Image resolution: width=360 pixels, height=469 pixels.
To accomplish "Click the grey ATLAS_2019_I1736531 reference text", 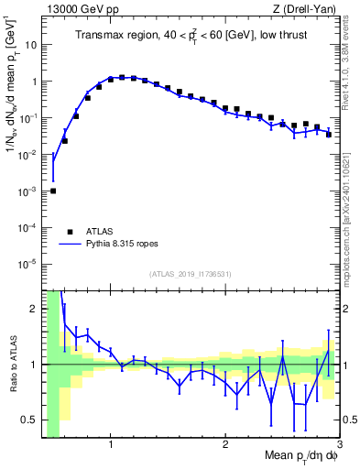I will (190, 274).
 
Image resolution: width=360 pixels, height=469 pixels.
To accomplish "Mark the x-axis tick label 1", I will (111, 446).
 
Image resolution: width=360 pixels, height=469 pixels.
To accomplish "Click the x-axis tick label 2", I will (224, 446).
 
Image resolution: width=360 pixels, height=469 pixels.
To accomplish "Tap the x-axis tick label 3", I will (337, 446).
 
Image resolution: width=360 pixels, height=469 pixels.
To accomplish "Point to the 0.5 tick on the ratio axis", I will (30, 420).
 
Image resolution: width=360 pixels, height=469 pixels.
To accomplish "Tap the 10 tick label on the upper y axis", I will (30, 44).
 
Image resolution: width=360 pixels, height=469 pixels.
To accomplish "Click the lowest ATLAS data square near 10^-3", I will (53, 191).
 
